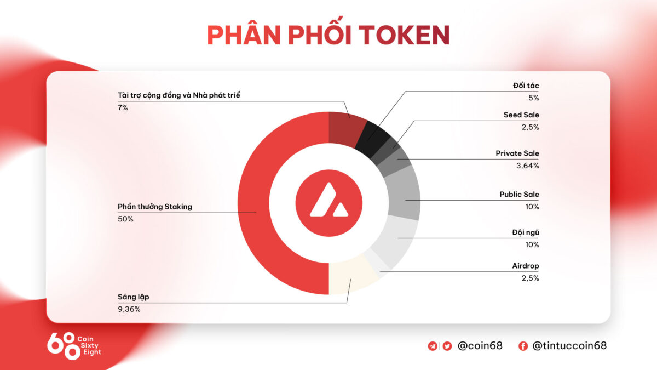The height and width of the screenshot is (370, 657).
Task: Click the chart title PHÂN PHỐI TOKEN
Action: tap(328, 35)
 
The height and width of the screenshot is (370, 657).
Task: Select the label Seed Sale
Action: tap(521, 115)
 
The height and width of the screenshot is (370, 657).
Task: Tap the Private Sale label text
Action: tap(517, 153)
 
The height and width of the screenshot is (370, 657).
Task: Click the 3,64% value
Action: tap(528, 166)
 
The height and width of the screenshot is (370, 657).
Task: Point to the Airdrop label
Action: tap(525, 266)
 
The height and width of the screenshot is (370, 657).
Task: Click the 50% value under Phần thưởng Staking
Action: tap(125, 219)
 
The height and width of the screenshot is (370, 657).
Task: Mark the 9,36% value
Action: tap(129, 309)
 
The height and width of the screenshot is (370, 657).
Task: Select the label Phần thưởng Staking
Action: tap(155, 207)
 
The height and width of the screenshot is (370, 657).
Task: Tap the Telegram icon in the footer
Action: tap(433, 346)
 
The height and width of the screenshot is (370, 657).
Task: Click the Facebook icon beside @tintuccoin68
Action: tap(523, 346)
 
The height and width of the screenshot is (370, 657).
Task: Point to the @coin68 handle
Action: tap(480, 346)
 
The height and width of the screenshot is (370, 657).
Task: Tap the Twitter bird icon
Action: tap(447, 346)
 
